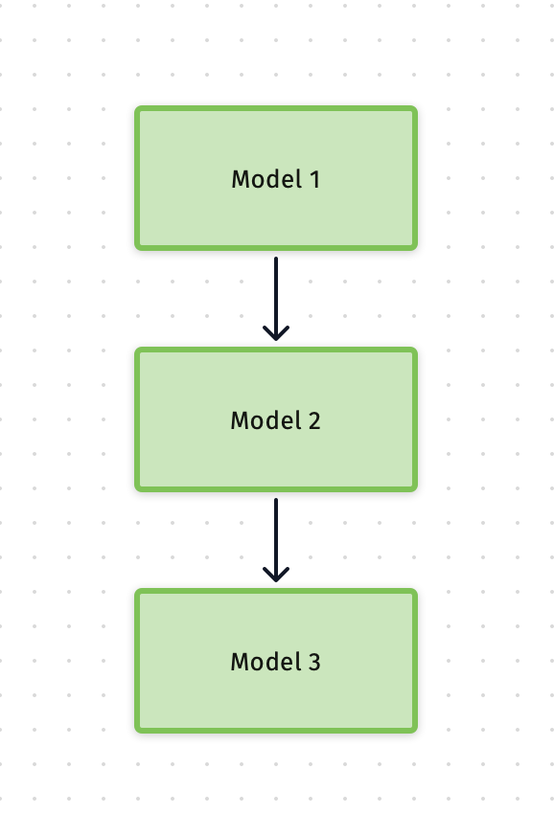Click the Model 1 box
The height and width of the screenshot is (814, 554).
[276, 178]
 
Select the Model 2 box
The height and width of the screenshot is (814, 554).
[276, 419]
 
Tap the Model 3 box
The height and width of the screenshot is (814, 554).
[276, 661]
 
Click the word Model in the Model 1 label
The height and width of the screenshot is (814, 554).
[266, 179]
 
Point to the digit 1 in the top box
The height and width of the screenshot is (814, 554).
[315, 180]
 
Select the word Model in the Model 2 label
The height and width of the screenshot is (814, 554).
[266, 420]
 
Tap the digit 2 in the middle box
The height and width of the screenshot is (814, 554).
[314, 421]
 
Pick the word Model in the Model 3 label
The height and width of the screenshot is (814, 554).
[266, 662]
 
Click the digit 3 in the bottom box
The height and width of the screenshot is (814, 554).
[314, 663]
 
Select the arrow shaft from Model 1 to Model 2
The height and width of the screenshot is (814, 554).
[276, 298]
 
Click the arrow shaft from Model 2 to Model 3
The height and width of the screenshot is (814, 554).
[276, 539]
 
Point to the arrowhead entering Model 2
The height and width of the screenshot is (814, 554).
[276, 333]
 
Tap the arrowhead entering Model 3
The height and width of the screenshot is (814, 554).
[276, 575]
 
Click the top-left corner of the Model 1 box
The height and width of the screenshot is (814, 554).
[135, 106]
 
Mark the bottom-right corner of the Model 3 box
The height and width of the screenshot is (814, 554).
[417, 733]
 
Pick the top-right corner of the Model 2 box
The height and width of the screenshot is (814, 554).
[417, 348]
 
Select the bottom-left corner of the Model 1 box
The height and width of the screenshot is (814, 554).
[135, 250]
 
